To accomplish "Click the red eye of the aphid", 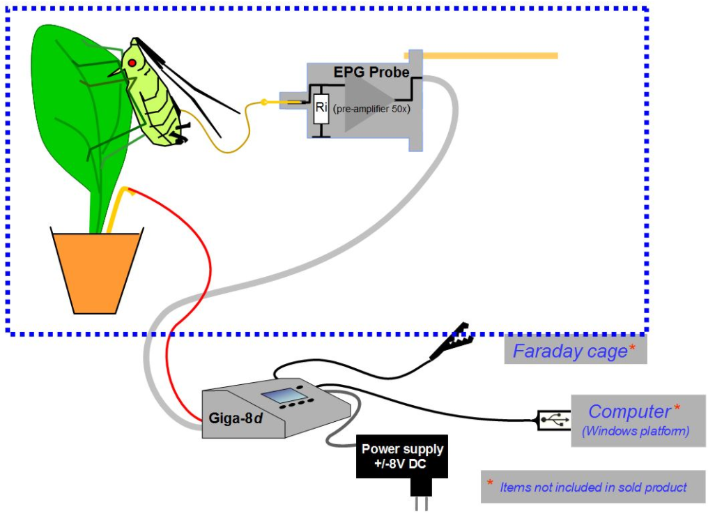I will pos(131,63).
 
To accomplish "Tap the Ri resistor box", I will pos(321,107).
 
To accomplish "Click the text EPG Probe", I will pos(371,72).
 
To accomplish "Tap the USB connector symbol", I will pos(554,420).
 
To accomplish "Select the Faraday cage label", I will pos(570,351).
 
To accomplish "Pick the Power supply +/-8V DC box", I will pos(402,457).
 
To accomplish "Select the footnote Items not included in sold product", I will pos(592,487).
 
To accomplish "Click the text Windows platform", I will pos(636,431).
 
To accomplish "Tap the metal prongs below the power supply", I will pos(421,502).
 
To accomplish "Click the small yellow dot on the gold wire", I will pos(264,104).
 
